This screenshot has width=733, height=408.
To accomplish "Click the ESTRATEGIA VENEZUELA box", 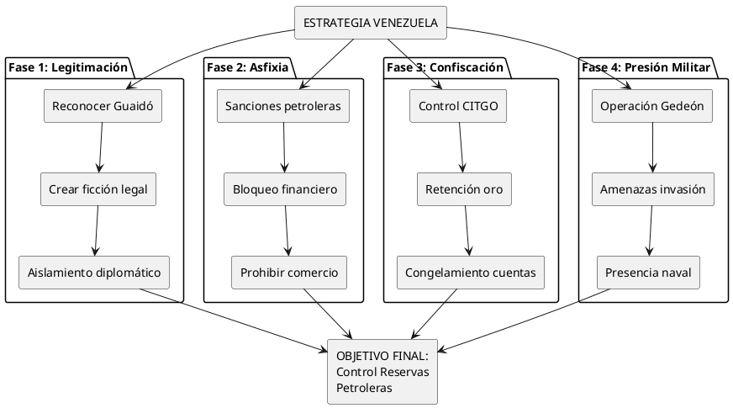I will (x=370, y=23).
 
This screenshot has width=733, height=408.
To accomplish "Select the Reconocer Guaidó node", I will (x=103, y=106).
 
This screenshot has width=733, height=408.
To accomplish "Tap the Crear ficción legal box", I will (x=98, y=189).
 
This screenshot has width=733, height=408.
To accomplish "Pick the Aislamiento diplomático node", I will (x=94, y=273).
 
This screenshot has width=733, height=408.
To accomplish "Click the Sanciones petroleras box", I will (x=282, y=106).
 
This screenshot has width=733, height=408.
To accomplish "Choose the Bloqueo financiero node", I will (x=285, y=189).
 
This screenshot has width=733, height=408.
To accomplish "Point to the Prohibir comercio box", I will (x=290, y=273).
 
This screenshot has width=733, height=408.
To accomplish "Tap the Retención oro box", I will (x=464, y=189).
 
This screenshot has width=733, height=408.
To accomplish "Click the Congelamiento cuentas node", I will (x=471, y=273).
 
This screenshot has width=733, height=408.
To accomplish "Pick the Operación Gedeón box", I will (x=651, y=106).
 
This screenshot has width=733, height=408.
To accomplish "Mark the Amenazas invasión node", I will (x=652, y=189).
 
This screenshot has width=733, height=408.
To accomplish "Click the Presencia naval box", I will (x=648, y=273).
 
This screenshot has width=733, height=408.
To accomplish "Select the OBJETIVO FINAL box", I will (x=382, y=372).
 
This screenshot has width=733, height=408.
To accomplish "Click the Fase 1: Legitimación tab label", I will (x=68, y=67).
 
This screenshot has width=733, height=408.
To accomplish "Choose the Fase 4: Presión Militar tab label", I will (x=646, y=67).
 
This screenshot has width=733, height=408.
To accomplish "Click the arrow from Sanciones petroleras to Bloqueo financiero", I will (x=284, y=147).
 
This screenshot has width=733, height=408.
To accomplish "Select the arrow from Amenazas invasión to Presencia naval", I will (x=650, y=230).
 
